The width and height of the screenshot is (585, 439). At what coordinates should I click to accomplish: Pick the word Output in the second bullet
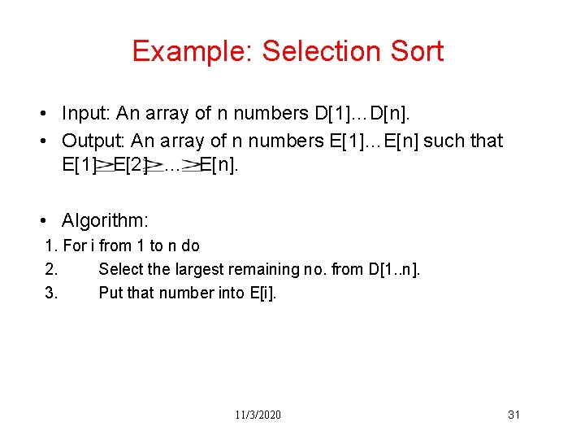point(91,141)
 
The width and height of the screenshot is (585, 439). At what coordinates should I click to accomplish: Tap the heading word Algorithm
point(105,220)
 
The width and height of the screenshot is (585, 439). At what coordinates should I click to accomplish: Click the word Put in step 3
point(110,293)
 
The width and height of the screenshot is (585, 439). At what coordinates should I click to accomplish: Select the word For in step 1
point(75,246)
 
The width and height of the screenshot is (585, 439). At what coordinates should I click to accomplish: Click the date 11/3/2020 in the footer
point(259,415)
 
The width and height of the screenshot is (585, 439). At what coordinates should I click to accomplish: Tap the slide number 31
point(513,415)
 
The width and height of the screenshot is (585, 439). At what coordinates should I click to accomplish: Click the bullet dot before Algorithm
point(50,221)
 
